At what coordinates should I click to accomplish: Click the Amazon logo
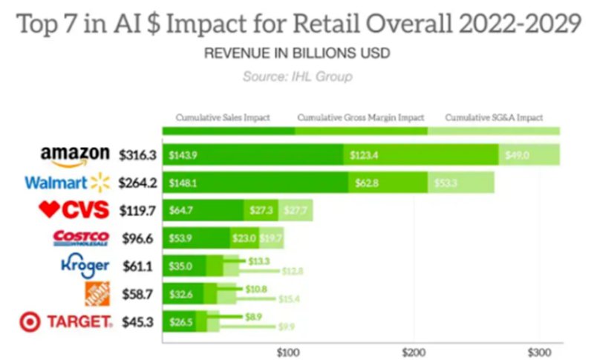point(75,156)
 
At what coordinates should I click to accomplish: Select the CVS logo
point(74,211)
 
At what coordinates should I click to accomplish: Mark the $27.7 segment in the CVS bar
point(296,211)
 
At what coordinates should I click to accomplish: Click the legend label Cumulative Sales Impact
point(223,117)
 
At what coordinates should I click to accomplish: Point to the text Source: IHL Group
point(297,76)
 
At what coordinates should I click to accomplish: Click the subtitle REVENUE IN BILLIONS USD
point(297,55)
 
